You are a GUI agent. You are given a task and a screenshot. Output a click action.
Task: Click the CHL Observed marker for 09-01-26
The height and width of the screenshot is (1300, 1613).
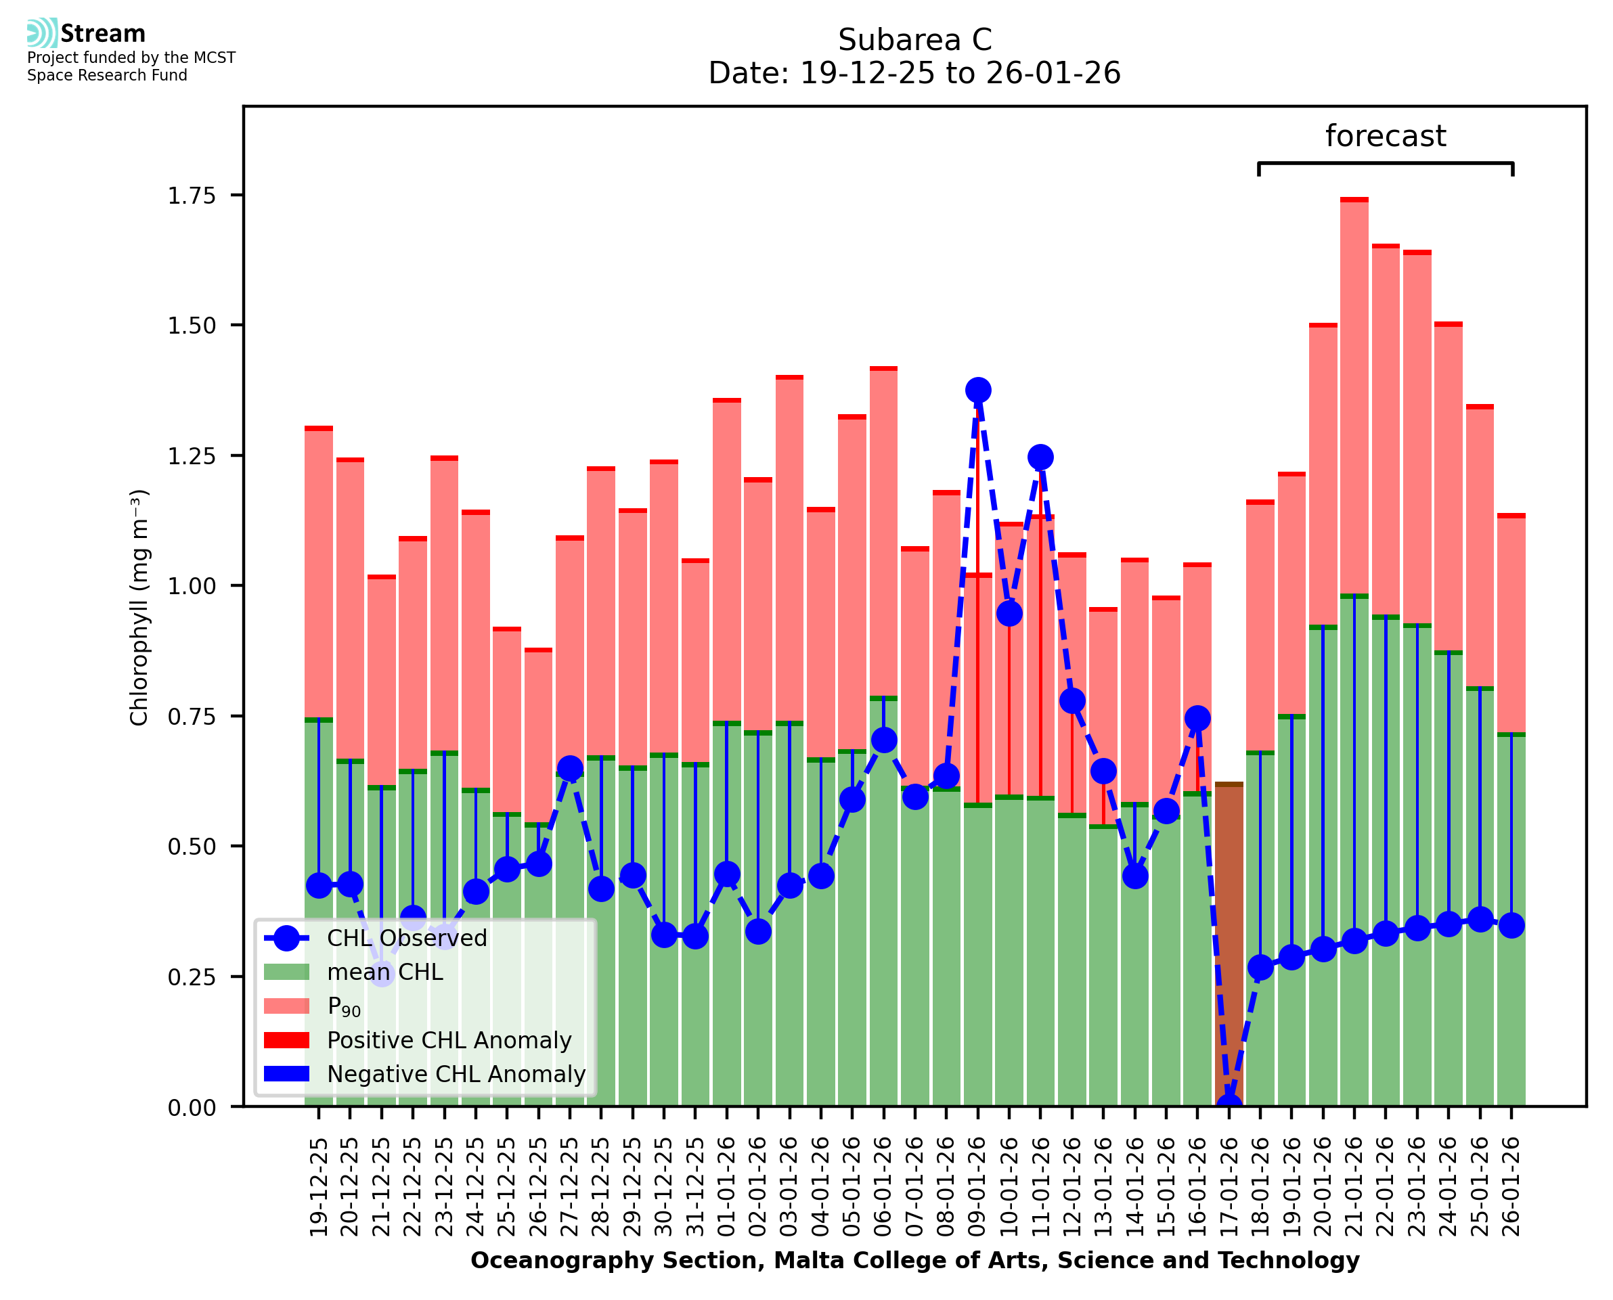[977, 390]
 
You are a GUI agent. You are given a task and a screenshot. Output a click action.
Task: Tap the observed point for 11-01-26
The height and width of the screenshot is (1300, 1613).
[1040, 457]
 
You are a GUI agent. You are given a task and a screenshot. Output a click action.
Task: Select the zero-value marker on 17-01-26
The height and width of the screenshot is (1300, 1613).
[1229, 1105]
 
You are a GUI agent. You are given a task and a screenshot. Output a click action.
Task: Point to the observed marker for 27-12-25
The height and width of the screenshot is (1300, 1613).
[570, 768]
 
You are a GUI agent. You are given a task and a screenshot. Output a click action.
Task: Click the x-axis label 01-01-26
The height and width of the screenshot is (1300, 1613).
[726, 1187]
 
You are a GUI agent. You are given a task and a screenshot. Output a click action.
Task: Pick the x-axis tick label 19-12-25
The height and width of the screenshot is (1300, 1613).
[319, 1187]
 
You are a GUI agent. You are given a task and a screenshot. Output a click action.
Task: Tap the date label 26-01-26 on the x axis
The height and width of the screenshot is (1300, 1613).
[1511, 1187]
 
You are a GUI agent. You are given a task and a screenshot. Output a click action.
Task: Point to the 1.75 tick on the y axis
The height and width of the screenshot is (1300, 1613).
[191, 196]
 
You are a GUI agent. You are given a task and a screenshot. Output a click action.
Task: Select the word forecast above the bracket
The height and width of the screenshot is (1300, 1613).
[1386, 136]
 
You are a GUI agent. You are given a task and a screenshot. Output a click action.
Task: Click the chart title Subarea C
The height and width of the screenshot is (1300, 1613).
[914, 40]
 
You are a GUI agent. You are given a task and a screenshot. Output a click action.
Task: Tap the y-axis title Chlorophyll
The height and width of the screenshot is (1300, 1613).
[139, 607]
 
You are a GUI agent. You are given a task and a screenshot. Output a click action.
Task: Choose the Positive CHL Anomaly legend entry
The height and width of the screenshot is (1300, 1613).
[449, 1040]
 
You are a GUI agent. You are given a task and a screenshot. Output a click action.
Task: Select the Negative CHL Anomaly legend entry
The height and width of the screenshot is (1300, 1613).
[456, 1074]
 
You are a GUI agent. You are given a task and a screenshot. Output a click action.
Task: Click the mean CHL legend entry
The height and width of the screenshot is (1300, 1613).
[385, 972]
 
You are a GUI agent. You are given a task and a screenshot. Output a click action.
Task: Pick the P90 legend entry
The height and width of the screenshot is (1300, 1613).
[344, 1006]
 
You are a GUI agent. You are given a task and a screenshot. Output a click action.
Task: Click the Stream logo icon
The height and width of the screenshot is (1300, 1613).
[42, 32]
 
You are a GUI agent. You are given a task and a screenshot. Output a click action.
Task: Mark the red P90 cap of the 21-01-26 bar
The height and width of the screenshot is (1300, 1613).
[1354, 200]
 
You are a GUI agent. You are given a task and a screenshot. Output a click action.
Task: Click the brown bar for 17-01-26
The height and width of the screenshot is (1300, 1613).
[1229, 936]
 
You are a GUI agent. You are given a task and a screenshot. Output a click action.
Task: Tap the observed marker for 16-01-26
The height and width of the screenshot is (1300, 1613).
[1197, 718]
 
